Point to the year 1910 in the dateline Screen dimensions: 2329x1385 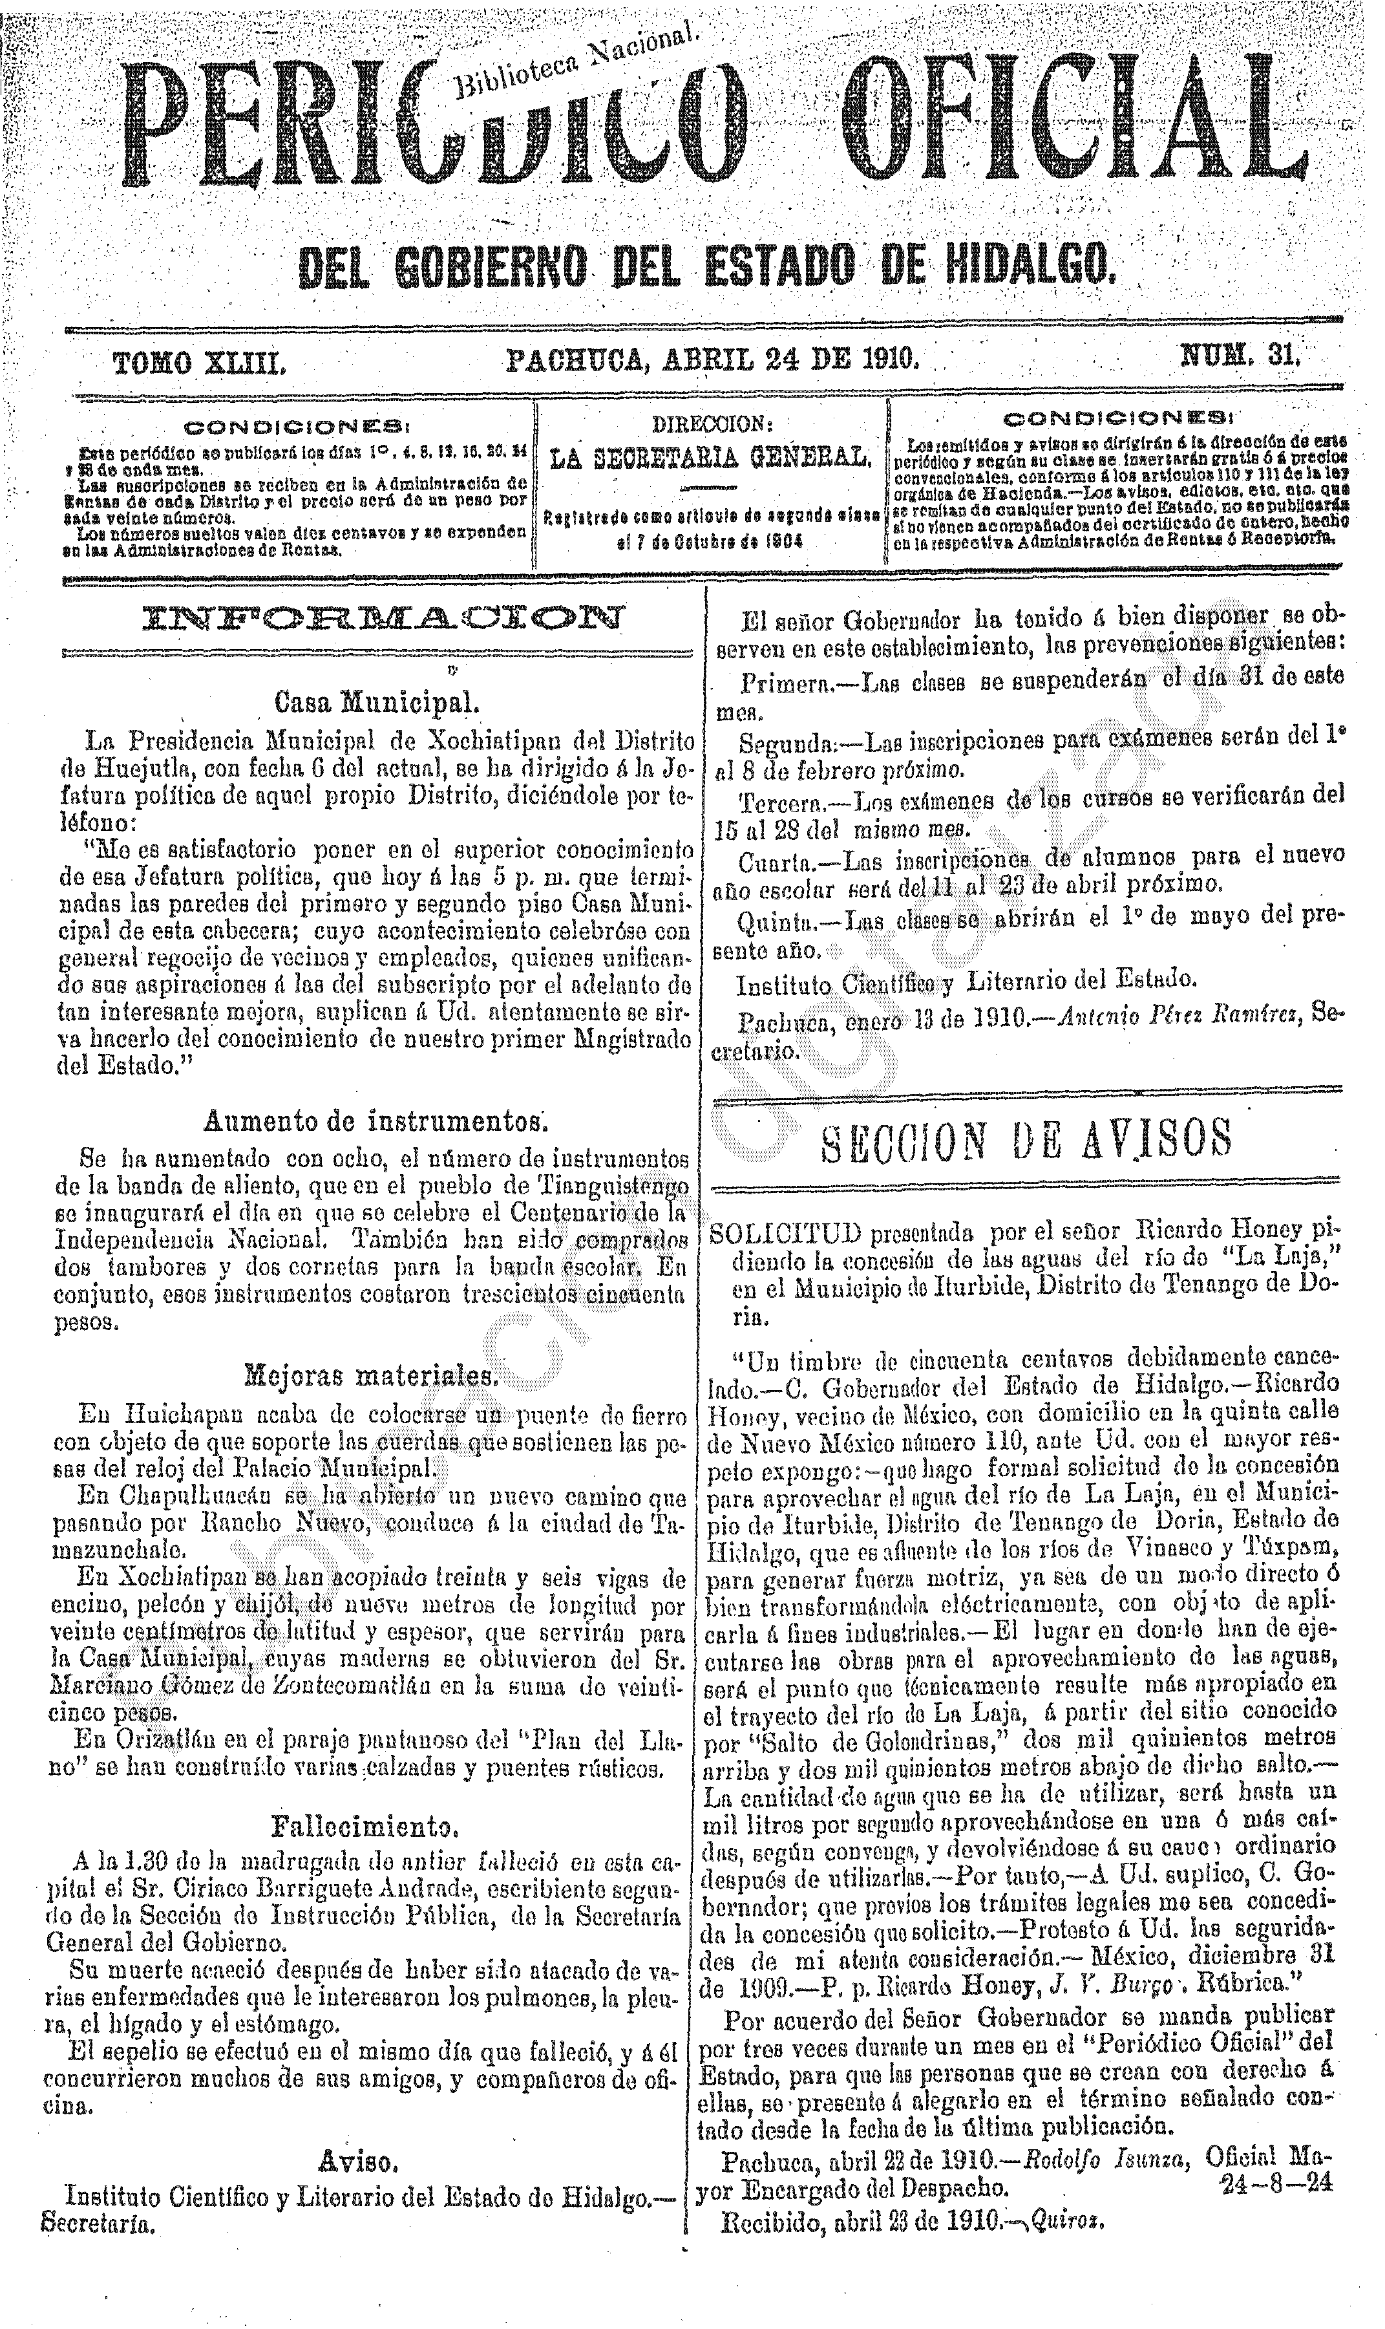[887, 358]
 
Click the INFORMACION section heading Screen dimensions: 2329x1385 [381, 618]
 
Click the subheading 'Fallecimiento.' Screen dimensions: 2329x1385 [365, 1799]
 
